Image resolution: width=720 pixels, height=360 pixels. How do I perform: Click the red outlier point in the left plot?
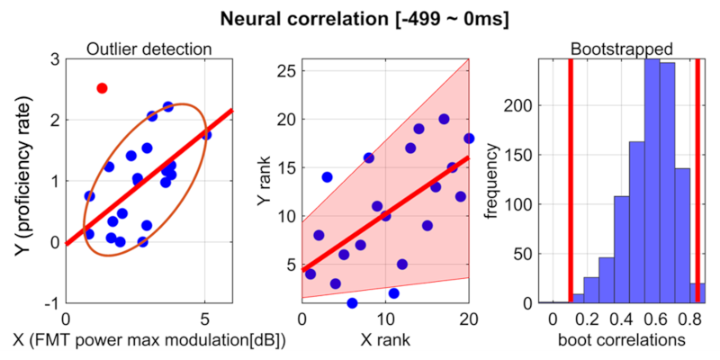(102, 88)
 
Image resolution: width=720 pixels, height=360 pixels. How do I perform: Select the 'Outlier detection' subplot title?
(148, 49)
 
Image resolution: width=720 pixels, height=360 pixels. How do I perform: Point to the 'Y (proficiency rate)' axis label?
(21, 180)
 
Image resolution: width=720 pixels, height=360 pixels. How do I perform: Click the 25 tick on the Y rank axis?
(288, 70)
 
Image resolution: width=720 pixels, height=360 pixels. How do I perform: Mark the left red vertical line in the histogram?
(571, 180)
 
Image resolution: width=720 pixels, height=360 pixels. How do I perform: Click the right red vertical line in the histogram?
(697, 180)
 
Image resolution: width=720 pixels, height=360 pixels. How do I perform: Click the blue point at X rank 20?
(469, 139)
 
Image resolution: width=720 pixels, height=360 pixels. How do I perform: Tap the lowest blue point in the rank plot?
(352, 303)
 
